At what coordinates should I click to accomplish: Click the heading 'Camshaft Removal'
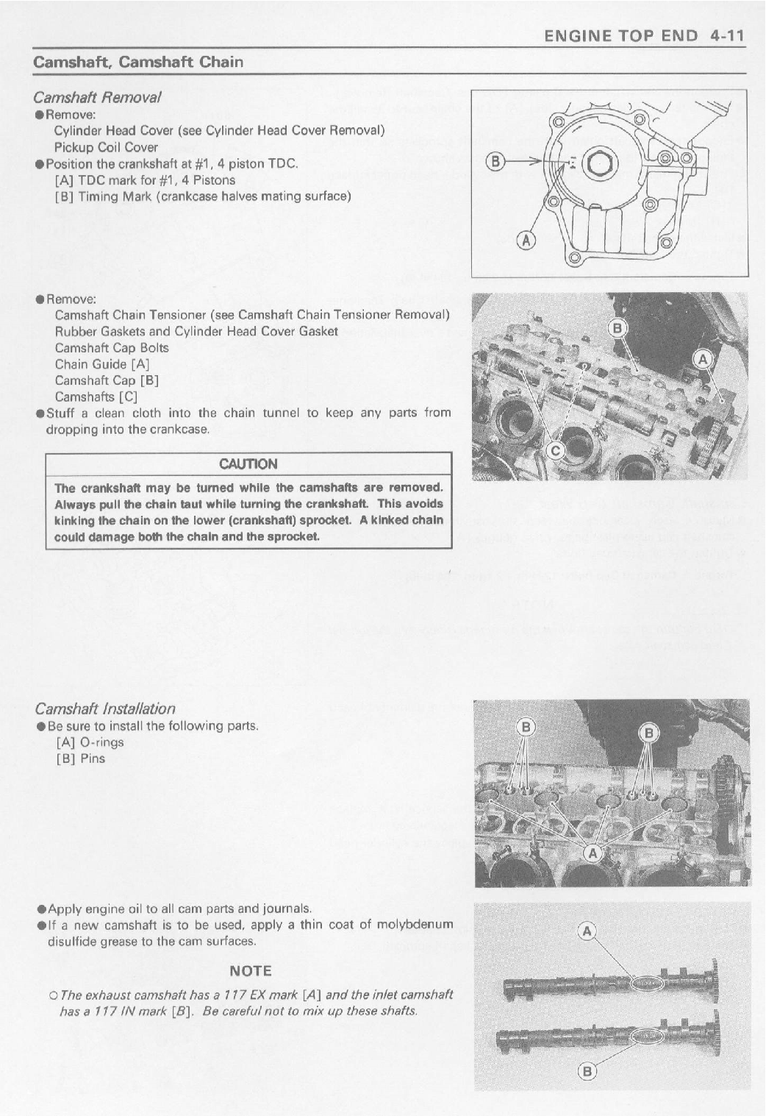pos(97,97)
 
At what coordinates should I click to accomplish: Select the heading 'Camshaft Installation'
pos(105,708)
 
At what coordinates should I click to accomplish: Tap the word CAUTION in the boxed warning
pos(248,464)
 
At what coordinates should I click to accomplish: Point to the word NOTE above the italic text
pos(251,971)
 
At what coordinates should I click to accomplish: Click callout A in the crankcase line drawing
pos(526,240)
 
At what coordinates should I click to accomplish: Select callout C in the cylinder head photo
pos(557,451)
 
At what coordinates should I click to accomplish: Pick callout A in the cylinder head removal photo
pos(704,359)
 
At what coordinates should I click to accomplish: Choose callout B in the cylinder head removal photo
pos(618,328)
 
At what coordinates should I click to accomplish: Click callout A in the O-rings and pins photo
pos(592,853)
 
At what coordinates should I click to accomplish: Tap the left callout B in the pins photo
pos(526,728)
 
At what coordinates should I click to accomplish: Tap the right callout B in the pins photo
pos(649,732)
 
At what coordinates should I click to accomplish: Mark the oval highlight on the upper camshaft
pos(648,984)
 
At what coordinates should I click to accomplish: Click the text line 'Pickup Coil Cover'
pos(106,147)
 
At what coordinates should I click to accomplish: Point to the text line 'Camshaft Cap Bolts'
pos(112,348)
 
